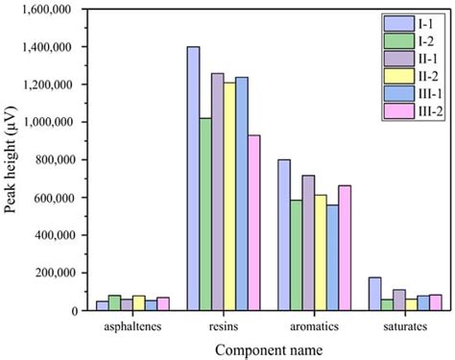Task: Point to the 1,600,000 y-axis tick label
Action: point(49,9)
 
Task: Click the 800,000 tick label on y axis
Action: point(55,160)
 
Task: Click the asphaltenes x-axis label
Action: point(133,326)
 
